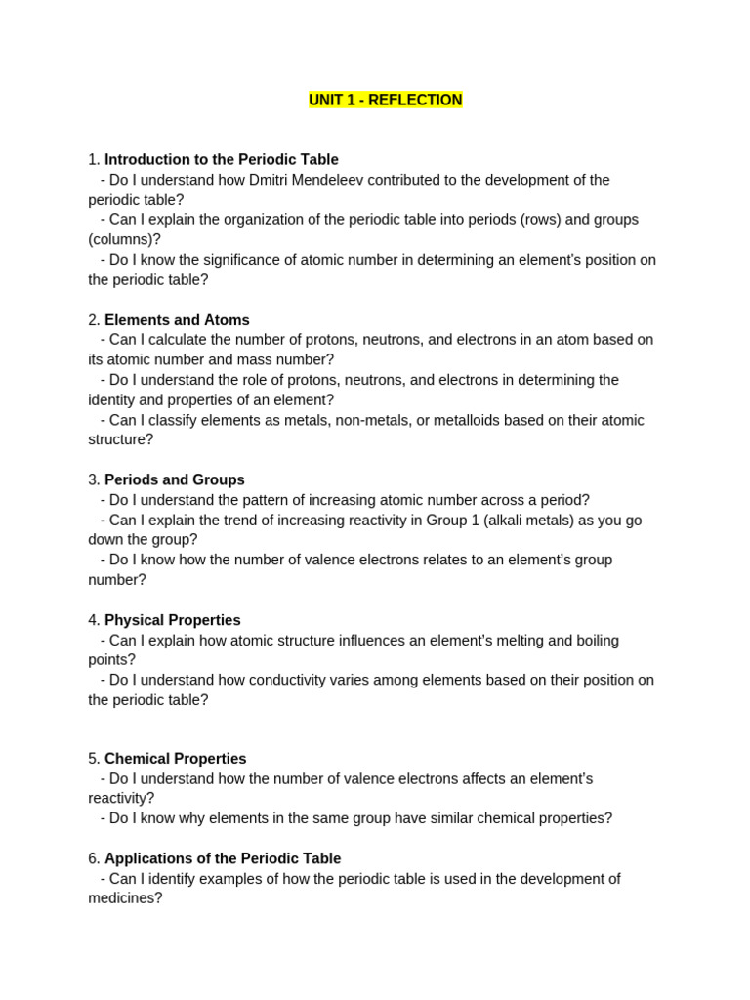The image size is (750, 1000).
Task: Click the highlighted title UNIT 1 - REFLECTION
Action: click(386, 101)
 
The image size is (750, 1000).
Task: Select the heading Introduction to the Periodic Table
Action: click(222, 159)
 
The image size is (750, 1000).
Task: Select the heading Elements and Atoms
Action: click(177, 320)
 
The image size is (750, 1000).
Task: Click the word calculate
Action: click(169, 340)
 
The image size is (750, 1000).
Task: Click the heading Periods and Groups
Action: click(175, 480)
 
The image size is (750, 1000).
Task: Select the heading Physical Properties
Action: click(173, 620)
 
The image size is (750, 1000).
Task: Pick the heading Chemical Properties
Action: click(176, 759)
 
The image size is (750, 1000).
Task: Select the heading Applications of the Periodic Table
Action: click(223, 858)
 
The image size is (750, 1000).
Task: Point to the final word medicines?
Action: click(125, 898)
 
